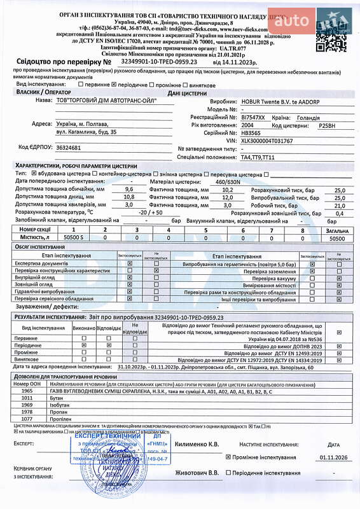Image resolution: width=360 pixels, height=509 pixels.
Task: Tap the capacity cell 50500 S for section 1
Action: click(x=74, y=238)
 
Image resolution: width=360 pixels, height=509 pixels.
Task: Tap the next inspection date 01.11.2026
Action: click(x=334, y=456)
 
